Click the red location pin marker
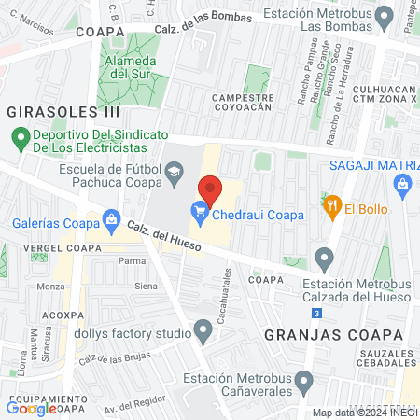pyautogui.click(x=211, y=190)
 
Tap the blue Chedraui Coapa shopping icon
pyautogui.click(x=199, y=215)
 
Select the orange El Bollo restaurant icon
pyautogui.click(x=330, y=208)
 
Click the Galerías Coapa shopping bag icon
pyautogui.click(x=111, y=222)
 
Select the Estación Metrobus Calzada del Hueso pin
pyautogui.click(x=325, y=257)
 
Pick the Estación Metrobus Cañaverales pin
pyautogui.click(x=303, y=382)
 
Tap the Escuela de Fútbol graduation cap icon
pyautogui.click(x=174, y=172)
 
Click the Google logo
pyautogui.click(x=31, y=408)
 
